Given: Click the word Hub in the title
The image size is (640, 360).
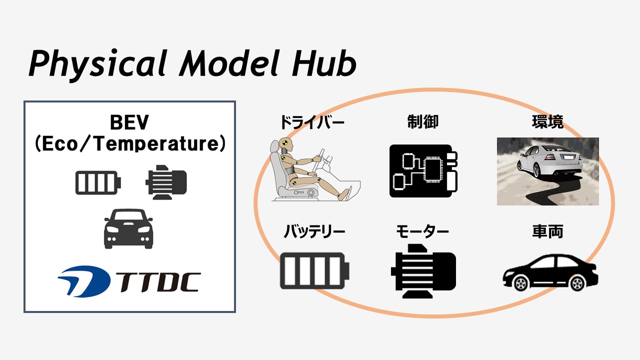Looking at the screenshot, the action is click(x=324, y=63).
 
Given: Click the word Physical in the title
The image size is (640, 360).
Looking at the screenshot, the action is click(x=97, y=65).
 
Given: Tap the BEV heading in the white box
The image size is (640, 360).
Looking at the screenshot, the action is click(x=129, y=122).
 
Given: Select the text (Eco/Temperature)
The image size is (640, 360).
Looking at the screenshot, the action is click(x=130, y=144).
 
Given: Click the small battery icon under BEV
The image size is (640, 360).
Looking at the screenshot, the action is click(x=98, y=183).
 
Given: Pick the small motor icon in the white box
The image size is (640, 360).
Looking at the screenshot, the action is click(x=166, y=182).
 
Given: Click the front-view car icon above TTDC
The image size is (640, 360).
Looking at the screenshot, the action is click(x=128, y=228).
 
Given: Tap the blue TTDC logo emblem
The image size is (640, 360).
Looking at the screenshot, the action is click(x=84, y=281).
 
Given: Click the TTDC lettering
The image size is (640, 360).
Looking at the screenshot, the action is click(x=158, y=282).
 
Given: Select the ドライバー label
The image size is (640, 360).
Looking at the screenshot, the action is click(x=312, y=122).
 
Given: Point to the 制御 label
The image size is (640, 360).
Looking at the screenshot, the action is click(x=422, y=122).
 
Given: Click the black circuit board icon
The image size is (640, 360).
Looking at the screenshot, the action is click(x=423, y=171).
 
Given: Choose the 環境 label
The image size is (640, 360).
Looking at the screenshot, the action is click(x=547, y=122).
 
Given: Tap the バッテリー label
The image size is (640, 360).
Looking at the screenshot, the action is click(x=314, y=231).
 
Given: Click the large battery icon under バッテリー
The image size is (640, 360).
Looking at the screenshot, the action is click(x=314, y=271).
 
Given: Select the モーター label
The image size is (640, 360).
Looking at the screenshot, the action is click(x=422, y=231).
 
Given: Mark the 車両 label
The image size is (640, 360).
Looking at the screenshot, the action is click(x=547, y=231).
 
